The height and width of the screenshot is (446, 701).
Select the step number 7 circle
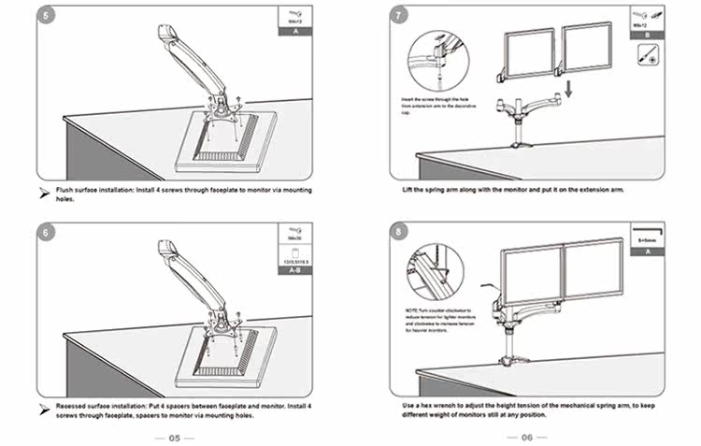point(400,16)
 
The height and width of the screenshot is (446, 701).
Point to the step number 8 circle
point(400,233)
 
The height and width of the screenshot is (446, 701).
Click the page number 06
point(526,438)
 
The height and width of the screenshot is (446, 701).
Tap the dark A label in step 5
point(295,31)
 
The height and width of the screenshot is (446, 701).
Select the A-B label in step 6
point(295,269)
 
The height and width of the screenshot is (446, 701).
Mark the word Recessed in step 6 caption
point(74,408)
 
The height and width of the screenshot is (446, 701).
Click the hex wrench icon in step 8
point(647,230)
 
